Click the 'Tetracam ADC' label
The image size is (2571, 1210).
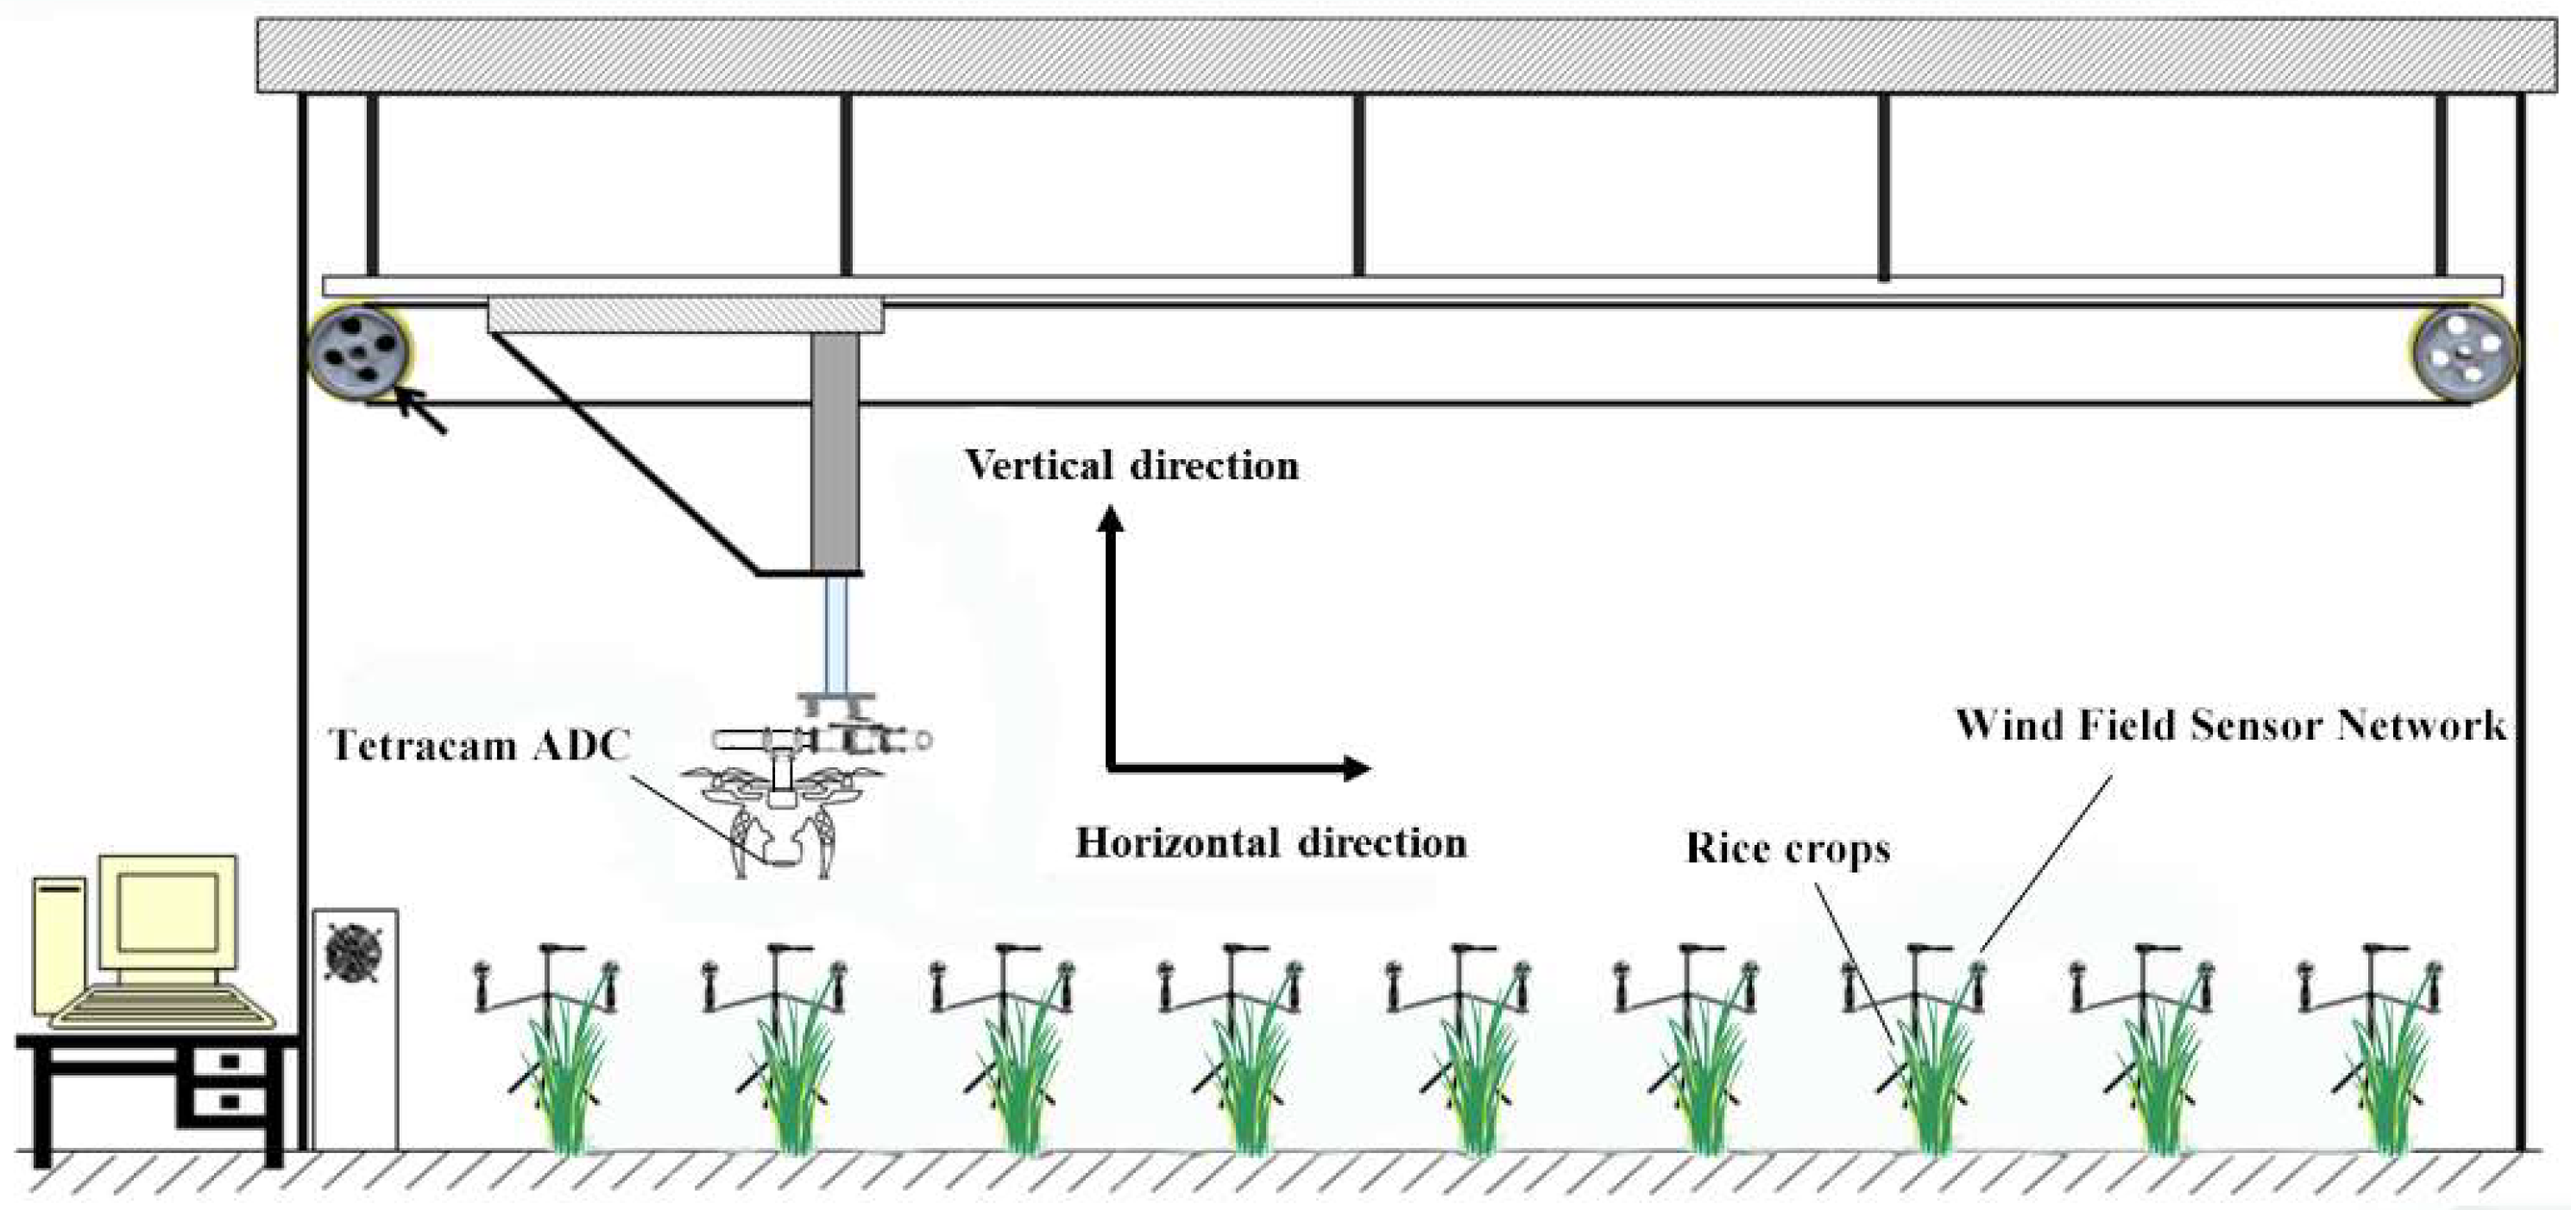(x=479, y=746)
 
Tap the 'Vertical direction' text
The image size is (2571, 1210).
(x=1131, y=466)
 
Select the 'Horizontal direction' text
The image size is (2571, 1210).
(x=1270, y=843)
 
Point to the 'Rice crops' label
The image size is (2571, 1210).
(x=1787, y=848)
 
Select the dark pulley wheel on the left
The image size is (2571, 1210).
(x=358, y=352)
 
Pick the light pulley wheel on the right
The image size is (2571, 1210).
(x=2462, y=353)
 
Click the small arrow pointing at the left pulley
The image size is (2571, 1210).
(x=419, y=412)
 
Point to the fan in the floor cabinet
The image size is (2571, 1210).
(x=351, y=954)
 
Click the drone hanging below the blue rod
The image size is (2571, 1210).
(x=784, y=798)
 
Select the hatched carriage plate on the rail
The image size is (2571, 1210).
(x=684, y=316)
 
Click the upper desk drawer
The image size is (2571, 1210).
(x=230, y=1060)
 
